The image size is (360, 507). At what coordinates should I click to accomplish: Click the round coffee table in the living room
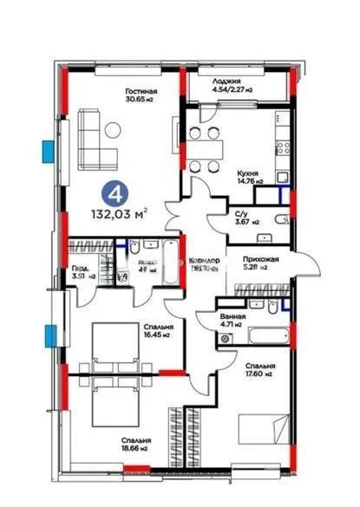click(x=113, y=131)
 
